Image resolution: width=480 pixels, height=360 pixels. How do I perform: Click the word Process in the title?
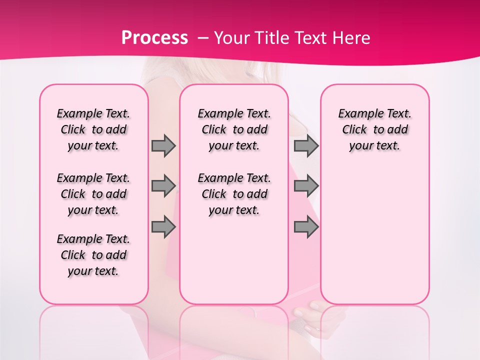[x=154, y=37]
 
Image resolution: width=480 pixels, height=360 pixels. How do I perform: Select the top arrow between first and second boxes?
[x=163, y=145]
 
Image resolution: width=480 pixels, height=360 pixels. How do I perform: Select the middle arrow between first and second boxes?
[x=163, y=186]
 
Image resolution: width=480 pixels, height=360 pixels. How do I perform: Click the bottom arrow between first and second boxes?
[x=163, y=227]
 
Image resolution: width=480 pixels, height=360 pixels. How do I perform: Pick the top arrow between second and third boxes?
[x=306, y=145]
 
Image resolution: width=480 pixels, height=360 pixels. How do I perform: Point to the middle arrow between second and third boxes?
[x=306, y=186]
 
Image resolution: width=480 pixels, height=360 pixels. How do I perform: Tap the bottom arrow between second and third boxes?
[x=306, y=227]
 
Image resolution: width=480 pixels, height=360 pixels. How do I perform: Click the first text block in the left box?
[x=93, y=129]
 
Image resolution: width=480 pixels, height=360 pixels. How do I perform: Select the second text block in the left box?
[x=93, y=194]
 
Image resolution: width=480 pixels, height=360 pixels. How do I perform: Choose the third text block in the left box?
[x=93, y=255]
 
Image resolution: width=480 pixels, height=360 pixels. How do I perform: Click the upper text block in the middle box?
[x=234, y=129]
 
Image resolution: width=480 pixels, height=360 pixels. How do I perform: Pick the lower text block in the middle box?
[x=234, y=194]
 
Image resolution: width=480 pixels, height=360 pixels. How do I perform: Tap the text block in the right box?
[x=374, y=129]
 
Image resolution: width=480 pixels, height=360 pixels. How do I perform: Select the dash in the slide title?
[x=203, y=38]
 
